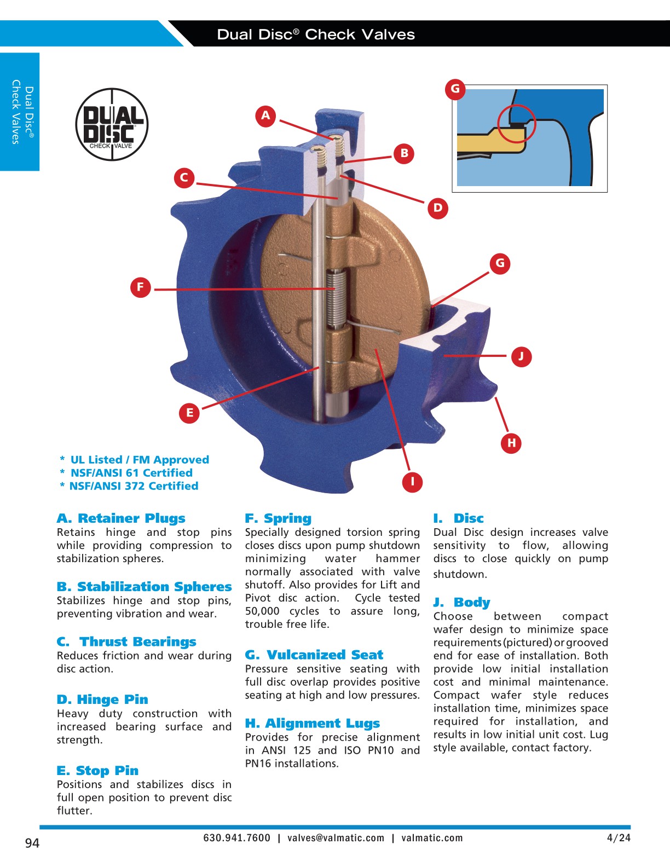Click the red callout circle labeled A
point(265,115)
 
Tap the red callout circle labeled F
point(140,287)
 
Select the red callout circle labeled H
point(511,442)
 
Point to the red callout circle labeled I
point(412,482)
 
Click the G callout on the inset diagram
point(455,89)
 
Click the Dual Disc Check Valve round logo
point(112,124)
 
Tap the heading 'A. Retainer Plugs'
point(121,518)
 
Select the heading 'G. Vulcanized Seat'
point(314,655)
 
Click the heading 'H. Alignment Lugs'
point(312,723)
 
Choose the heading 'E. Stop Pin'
point(97,770)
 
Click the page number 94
point(32,843)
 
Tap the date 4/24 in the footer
point(619,837)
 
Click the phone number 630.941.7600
point(236,838)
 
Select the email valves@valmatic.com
point(336,838)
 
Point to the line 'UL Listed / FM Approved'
point(139,460)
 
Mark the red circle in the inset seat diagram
point(516,124)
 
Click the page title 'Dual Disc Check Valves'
point(316,34)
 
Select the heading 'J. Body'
point(461,602)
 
